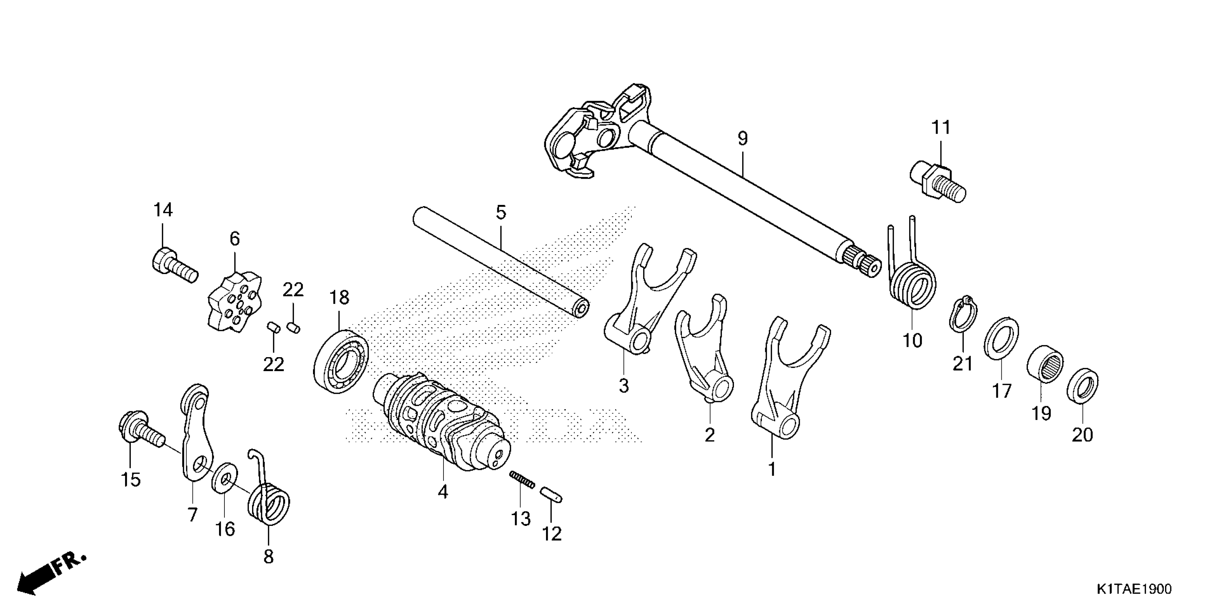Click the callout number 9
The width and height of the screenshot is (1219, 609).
click(x=743, y=139)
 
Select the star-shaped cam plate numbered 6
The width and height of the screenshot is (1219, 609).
click(x=235, y=301)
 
